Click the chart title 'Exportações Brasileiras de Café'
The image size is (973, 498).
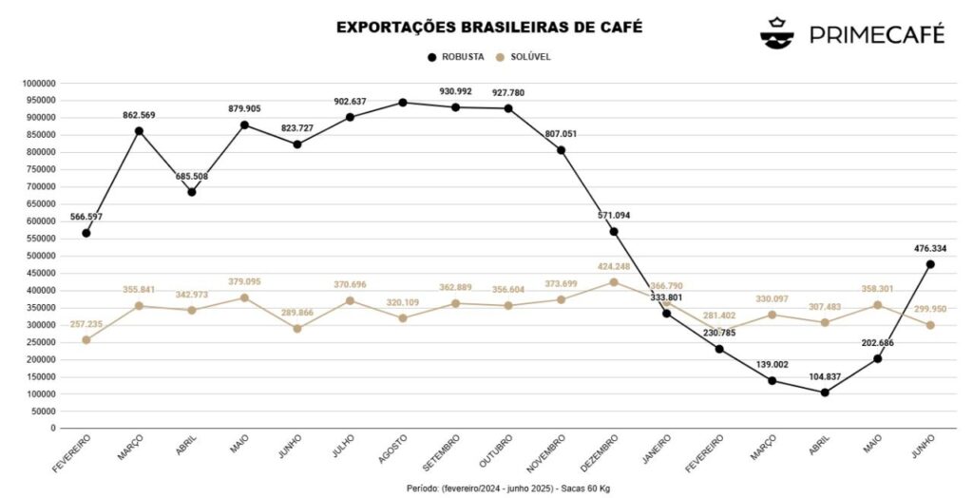point(488,27)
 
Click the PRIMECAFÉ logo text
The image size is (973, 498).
point(876,34)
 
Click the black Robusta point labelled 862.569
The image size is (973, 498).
point(139,130)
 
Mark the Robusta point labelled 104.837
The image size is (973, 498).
point(825,392)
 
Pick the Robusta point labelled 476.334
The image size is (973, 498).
point(930,264)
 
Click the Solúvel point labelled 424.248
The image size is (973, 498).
point(614,282)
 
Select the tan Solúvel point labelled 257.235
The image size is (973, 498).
point(86,339)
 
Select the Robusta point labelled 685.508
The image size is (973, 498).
point(192,192)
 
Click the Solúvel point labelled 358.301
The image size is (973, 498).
point(877,305)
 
